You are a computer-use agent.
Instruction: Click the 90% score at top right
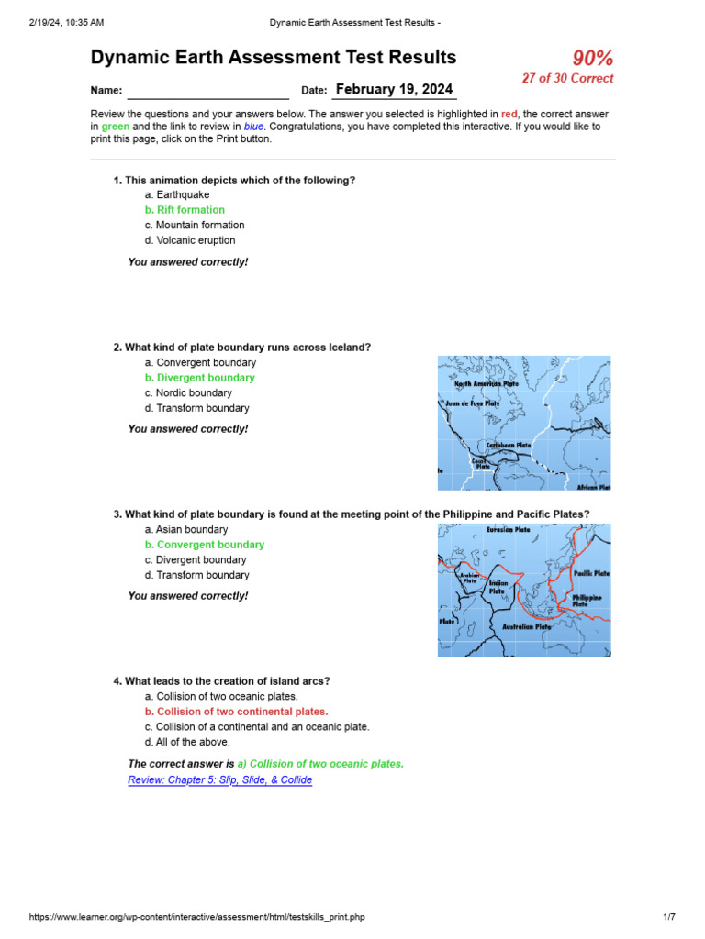(x=592, y=59)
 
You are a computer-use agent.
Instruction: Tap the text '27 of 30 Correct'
(x=567, y=79)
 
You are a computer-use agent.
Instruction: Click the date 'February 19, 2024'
(x=394, y=89)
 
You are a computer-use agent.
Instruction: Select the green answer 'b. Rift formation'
(x=185, y=210)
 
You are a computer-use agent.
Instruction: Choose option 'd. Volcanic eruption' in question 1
(x=189, y=240)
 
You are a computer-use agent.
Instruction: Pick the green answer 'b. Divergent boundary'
(x=199, y=378)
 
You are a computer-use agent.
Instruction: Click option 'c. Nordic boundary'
(x=187, y=392)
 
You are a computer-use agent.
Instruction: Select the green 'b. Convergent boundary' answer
(x=204, y=545)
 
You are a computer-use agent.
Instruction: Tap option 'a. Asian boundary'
(x=186, y=529)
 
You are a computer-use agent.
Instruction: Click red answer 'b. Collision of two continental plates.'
(x=236, y=712)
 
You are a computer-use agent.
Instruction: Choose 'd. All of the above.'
(x=187, y=742)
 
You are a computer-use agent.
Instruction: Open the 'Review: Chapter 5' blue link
(x=220, y=780)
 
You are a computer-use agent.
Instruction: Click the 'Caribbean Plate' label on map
(x=509, y=445)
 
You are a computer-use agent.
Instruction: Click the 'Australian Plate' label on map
(x=526, y=627)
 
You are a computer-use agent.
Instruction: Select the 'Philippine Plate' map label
(x=587, y=601)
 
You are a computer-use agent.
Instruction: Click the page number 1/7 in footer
(x=668, y=917)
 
